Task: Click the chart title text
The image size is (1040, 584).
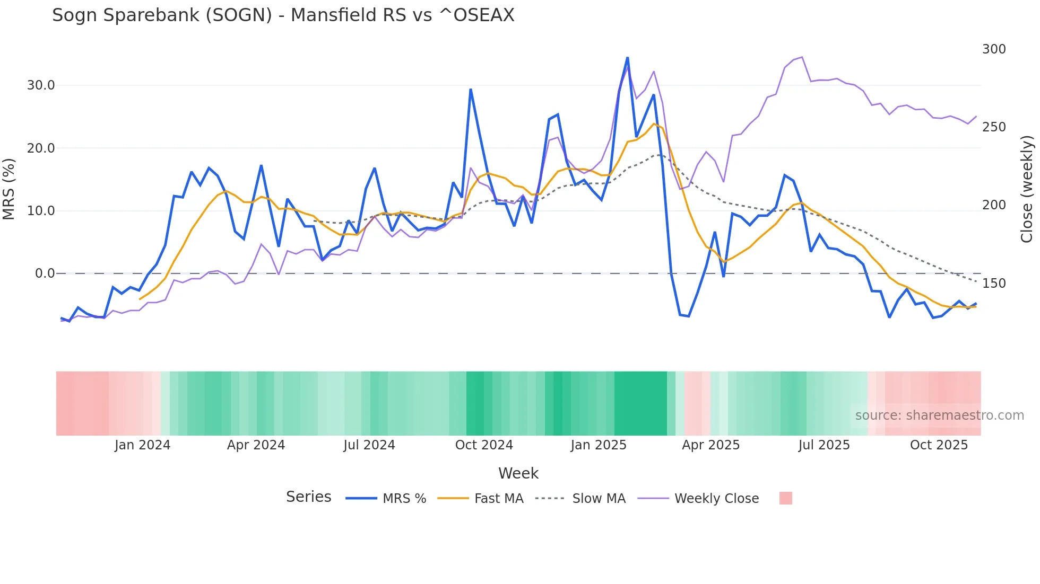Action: (283, 15)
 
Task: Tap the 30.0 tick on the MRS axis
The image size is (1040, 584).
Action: (41, 85)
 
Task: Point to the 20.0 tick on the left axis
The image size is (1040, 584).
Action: (41, 148)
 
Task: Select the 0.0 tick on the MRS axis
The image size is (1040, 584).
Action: (45, 273)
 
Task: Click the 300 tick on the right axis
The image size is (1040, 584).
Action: (993, 49)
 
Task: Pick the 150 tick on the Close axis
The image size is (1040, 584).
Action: (993, 284)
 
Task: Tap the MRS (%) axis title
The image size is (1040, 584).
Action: (9, 189)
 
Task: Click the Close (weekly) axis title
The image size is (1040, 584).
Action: (1027, 189)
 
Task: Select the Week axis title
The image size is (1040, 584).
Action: (518, 473)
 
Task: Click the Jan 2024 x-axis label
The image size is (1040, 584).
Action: (142, 445)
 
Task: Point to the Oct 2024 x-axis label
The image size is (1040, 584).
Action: (484, 445)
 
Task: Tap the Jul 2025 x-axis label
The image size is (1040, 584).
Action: (824, 445)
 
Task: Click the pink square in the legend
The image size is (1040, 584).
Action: (785, 498)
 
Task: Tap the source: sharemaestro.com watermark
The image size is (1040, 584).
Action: (939, 415)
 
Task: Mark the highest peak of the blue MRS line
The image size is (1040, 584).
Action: (627, 57)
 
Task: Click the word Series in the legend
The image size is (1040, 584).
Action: (308, 497)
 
